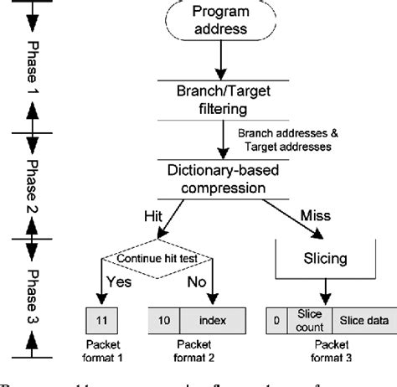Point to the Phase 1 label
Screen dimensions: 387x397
(33, 66)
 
